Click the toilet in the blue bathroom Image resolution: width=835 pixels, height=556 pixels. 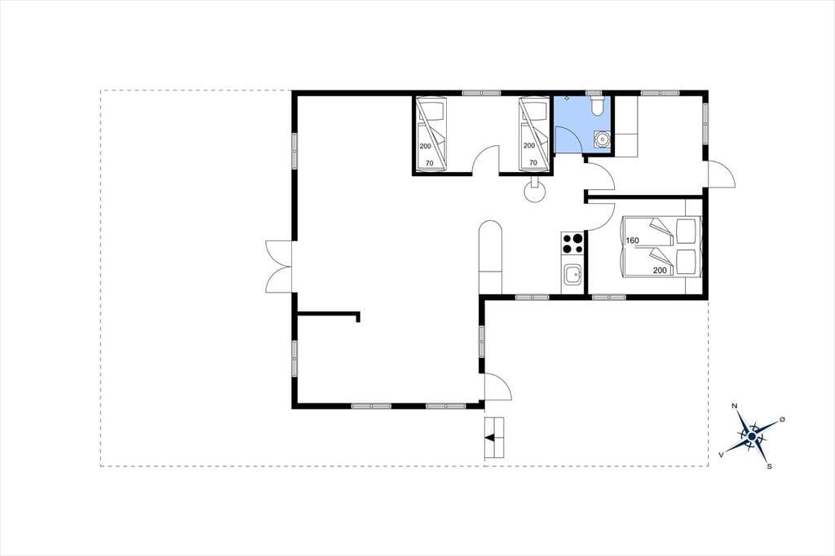click(x=598, y=105)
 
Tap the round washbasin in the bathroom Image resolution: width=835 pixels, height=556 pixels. click(x=603, y=139)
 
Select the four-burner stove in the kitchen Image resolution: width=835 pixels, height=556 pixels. click(x=572, y=243)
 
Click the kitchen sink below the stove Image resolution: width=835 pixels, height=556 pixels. click(x=572, y=276)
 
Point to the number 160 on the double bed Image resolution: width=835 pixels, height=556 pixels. click(x=632, y=240)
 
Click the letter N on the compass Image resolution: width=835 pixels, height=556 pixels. click(x=736, y=406)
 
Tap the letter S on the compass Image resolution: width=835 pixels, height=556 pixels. click(x=769, y=466)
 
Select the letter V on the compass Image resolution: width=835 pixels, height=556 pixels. click(x=722, y=454)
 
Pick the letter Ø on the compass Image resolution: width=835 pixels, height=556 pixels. click(x=782, y=420)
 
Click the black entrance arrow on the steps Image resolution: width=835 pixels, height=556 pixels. click(x=490, y=438)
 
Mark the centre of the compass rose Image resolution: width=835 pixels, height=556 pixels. click(x=751, y=437)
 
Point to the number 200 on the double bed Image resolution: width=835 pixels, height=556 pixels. click(x=660, y=270)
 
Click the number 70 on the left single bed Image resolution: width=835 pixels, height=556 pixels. click(x=429, y=163)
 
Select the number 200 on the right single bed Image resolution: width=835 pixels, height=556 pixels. click(x=528, y=145)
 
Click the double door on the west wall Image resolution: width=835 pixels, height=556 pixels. click(x=279, y=266)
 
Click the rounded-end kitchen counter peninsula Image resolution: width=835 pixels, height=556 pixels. click(x=491, y=256)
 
